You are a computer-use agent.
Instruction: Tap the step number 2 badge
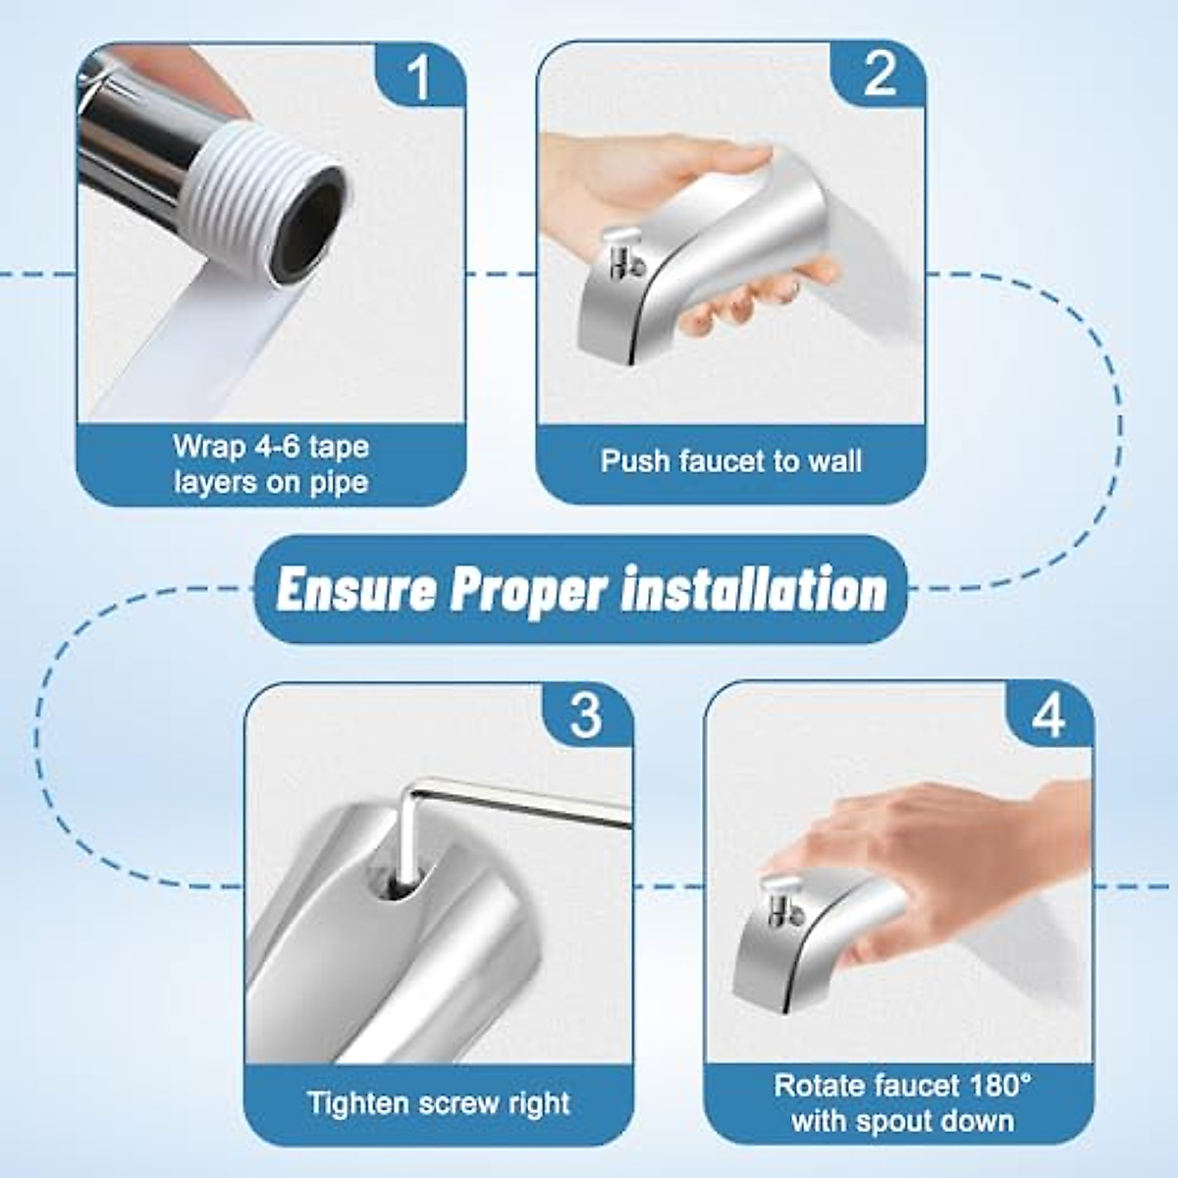tap(879, 76)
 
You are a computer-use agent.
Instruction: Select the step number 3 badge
tap(586, 716)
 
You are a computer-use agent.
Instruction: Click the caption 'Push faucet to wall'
tap(731, 460)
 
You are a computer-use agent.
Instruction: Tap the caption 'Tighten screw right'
tap(439, 1102)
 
